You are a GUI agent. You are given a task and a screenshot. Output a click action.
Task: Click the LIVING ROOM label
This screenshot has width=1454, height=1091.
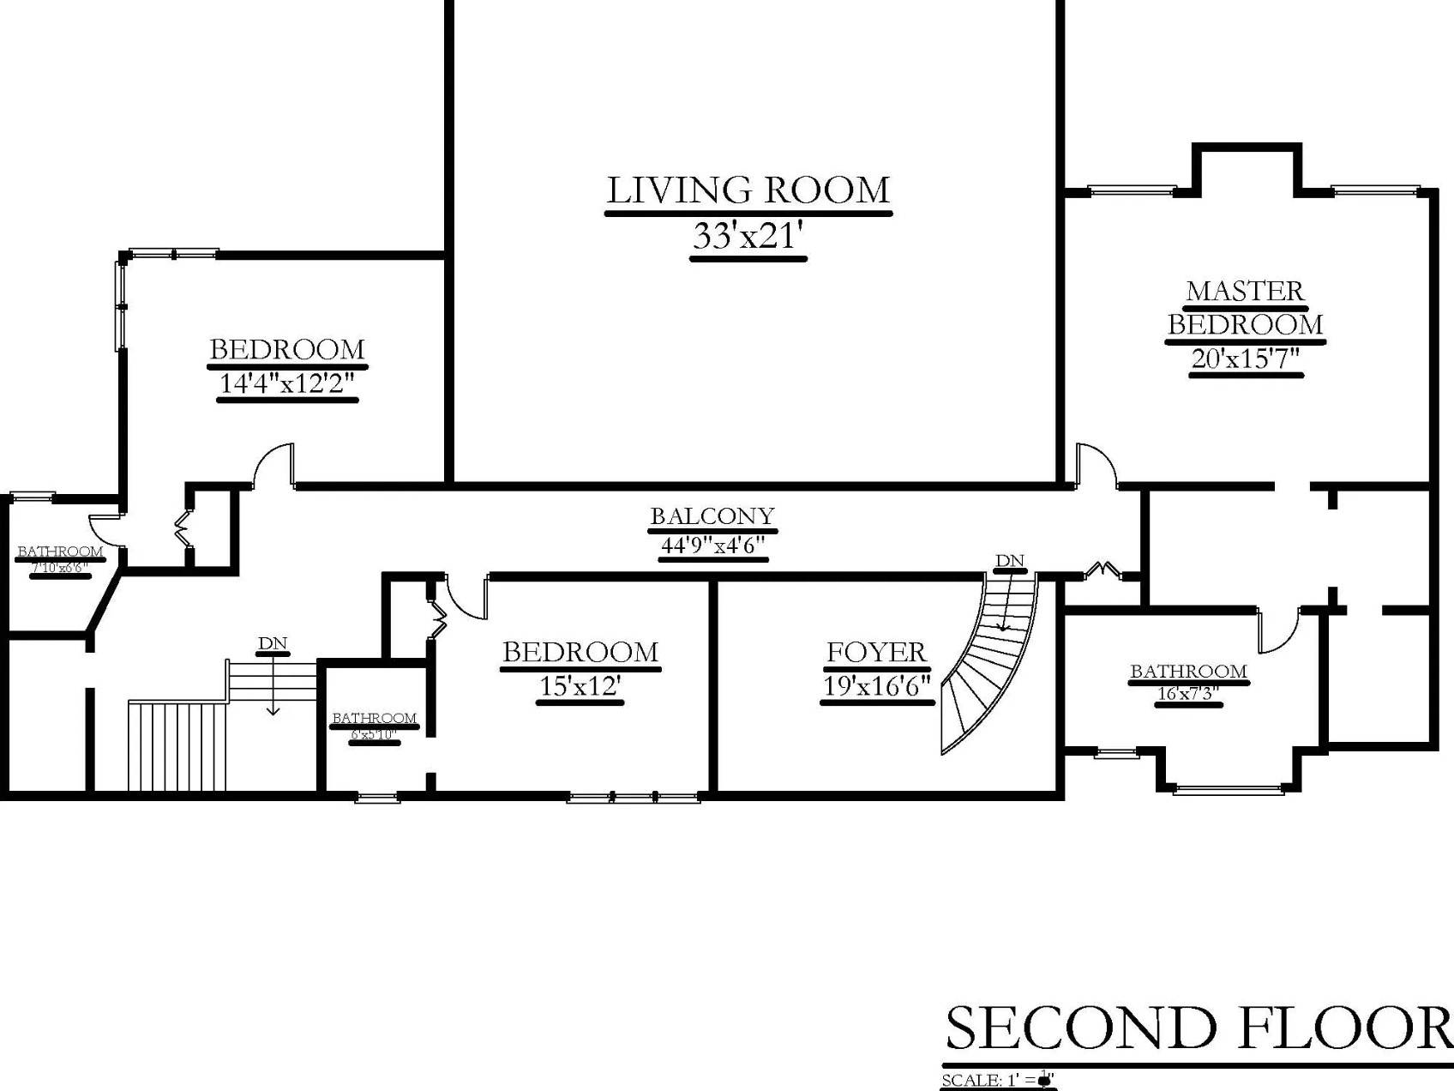(x=748, y=190)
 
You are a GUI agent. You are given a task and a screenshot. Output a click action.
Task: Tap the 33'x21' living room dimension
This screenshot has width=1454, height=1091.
(x=748, y=236)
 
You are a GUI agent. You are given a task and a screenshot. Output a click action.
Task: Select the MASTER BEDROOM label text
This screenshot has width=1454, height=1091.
(x=1245, y=308)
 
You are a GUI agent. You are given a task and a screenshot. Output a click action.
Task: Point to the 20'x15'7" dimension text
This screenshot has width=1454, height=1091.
(x=1246, y=358)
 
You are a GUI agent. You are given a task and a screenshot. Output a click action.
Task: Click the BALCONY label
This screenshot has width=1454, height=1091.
(x=712, y=516)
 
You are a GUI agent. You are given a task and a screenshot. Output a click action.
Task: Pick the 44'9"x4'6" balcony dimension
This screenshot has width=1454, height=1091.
(x=712, y=545)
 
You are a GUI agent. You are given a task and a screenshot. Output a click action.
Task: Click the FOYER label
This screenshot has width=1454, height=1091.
(x=876, y=653)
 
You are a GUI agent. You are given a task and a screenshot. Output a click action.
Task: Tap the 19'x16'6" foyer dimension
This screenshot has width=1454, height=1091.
(x=876, y=686)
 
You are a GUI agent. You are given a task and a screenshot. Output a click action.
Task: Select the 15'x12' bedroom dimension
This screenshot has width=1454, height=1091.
(x=580, y=686)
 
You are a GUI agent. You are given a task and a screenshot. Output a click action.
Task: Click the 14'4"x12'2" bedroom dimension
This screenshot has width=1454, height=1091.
(x=287, y=383)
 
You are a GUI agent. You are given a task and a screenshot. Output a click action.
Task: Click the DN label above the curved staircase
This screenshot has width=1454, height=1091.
(x=1010, y=561)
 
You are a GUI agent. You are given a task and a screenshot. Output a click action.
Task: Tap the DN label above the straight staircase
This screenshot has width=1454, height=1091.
(x=272, y=643)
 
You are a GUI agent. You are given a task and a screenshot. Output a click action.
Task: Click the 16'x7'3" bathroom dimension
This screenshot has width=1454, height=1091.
(x=1188, y=693)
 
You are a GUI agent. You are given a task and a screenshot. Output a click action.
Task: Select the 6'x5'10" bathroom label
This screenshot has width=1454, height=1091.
(x=374, y=734)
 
